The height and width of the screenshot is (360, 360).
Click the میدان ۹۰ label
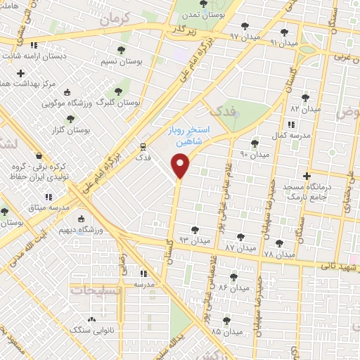255,154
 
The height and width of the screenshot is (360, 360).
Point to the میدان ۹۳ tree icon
194,230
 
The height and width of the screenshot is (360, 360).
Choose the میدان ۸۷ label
240,249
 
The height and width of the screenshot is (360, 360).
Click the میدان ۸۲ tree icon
305,98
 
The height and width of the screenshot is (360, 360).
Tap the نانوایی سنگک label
94,328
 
